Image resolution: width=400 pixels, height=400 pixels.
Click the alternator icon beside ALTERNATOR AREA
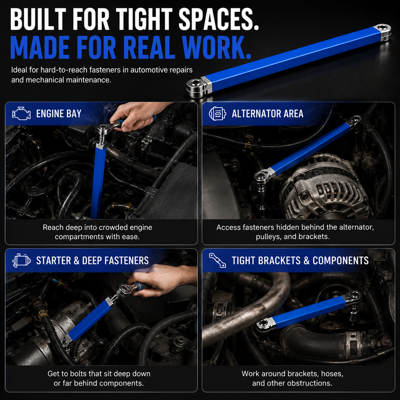pos(217,114)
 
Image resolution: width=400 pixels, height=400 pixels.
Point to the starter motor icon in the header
pos(21,260)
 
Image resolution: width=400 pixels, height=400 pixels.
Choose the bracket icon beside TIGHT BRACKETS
pos(217,260)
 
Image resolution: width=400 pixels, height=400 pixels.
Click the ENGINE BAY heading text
pos(59,114)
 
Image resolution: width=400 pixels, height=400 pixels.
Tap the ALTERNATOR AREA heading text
pos(267,114)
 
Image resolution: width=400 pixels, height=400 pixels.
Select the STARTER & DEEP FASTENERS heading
pos(93,261)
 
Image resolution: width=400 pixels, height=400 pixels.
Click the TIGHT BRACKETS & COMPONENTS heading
pos(300,261)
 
